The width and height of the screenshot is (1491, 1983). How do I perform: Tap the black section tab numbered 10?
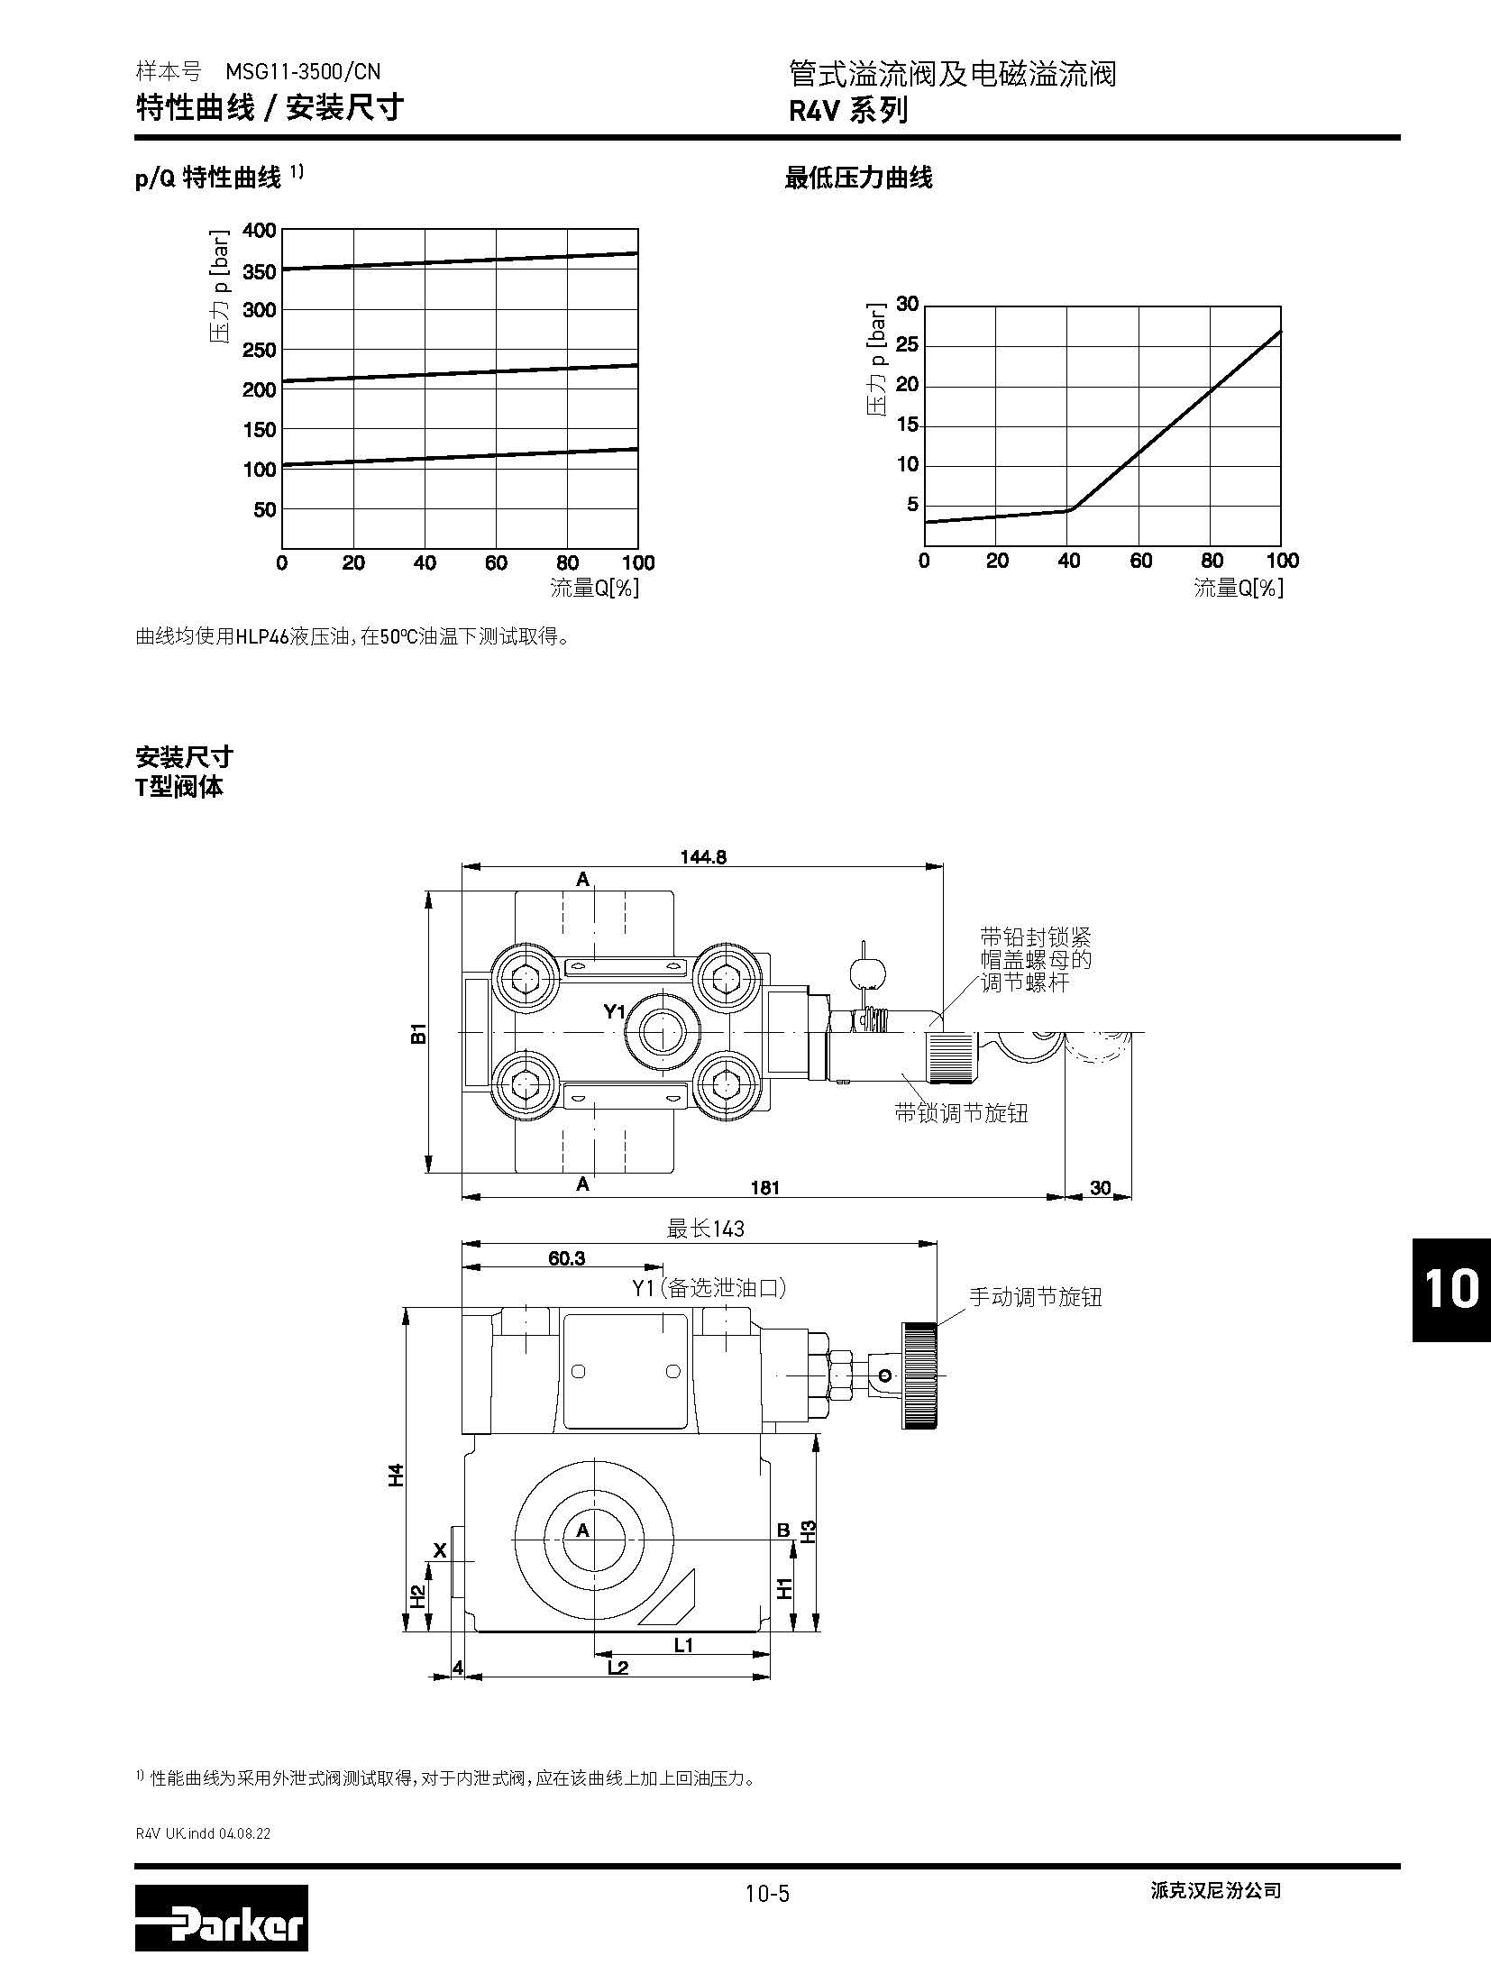coord(1451,1289)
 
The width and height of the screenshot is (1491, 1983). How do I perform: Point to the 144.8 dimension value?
coord(703,856)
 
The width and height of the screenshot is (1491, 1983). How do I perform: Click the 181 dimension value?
coord(764,1187)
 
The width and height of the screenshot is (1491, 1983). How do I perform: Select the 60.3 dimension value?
coord(566,1258)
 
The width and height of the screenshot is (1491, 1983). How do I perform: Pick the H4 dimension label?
coord(396,1475)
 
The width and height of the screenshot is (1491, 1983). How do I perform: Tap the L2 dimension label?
coord(617,1668)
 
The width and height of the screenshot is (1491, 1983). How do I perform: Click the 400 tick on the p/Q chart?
coord(260,230)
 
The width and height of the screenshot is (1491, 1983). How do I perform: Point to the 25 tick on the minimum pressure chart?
coord(907,345)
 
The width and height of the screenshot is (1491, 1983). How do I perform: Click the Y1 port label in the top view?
coord(614,1011)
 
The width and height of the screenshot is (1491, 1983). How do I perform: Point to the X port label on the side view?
coord(440,1550)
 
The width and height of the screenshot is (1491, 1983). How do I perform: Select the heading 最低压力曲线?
coord(858,178)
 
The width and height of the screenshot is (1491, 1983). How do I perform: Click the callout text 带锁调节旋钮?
coord(961,1113)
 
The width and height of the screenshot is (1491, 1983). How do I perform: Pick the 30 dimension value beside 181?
coord(1101,1187)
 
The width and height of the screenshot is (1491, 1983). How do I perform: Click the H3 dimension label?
coord(809,1531)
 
